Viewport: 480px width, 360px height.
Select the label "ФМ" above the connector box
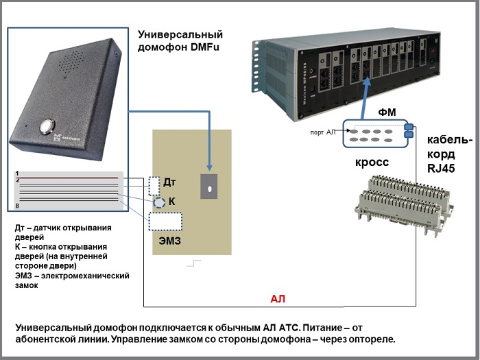[387, 111]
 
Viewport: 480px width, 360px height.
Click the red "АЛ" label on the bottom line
[277, 299]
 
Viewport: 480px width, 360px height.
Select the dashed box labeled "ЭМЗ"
[165, 221]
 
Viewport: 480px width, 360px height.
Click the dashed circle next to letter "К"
[158, 203]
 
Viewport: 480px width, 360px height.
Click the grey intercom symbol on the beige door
[208, 186]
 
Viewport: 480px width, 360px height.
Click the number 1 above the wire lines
[18, 173]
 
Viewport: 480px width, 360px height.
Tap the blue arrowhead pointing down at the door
[208, 166]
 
